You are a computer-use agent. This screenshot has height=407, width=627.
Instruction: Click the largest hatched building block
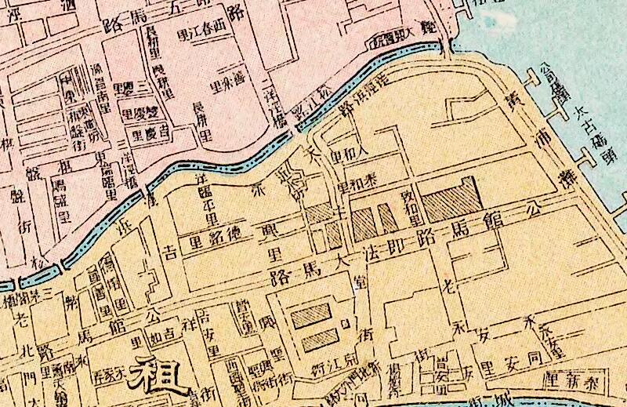pos(445,196)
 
